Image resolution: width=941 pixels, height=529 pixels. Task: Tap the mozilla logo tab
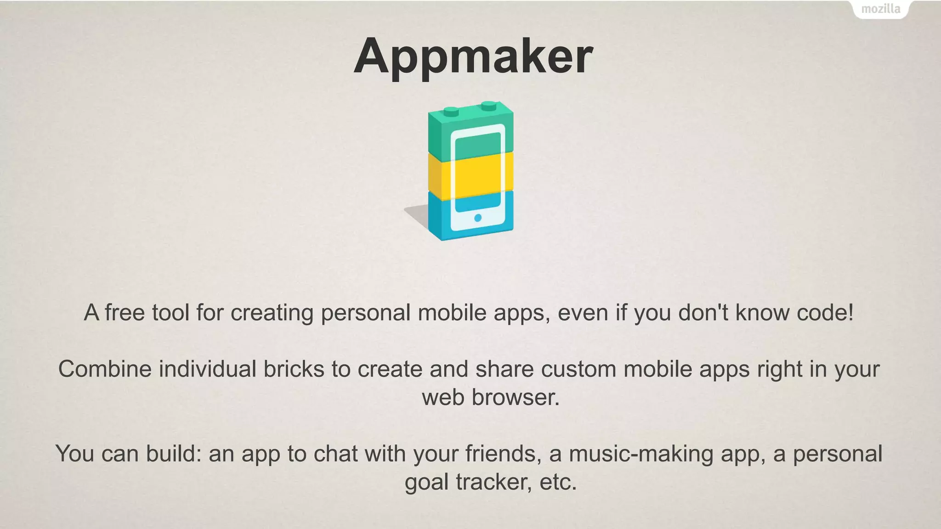(x=880, y=9)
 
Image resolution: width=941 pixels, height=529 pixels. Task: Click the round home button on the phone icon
(x=477, y=218)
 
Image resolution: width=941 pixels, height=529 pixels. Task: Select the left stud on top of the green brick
(x=451, y=111)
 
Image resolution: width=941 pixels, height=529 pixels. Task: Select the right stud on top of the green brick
(x=489, y=106)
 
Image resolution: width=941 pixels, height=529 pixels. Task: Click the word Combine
(x=105, y=369)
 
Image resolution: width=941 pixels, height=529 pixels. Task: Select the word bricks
(x=294, y=369)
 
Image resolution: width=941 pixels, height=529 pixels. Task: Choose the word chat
(x=336, y=454)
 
